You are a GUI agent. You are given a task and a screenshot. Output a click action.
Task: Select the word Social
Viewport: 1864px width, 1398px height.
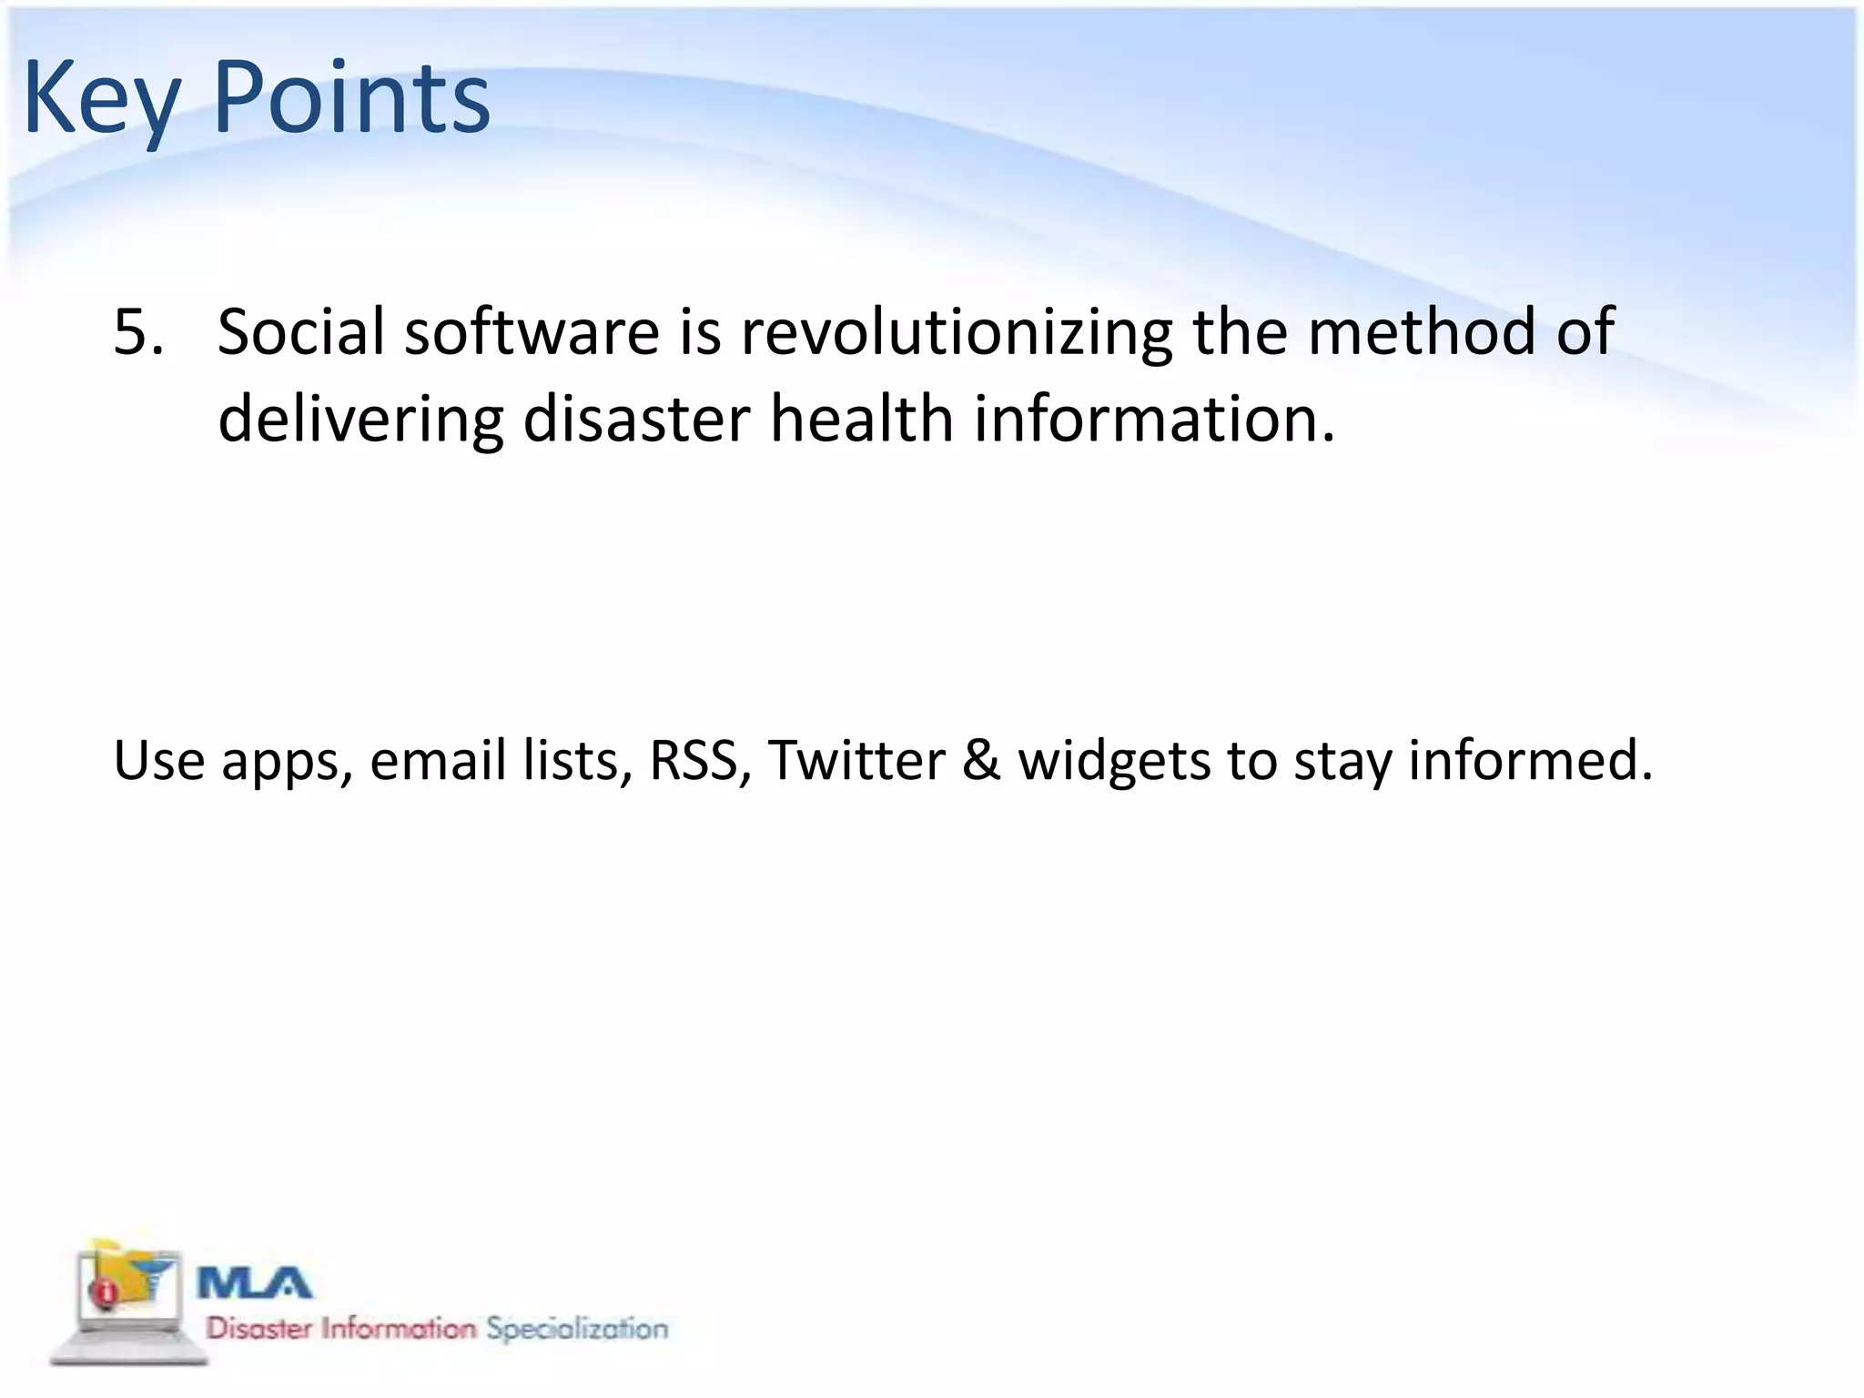coord(301,332)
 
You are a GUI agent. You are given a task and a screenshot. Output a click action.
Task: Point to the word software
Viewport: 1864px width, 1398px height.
coord(532,332)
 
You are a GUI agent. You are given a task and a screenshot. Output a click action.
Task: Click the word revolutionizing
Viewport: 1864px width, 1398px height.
coord(956,332)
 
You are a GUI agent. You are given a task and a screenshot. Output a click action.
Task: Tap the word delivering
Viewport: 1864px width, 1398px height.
coord(360,420)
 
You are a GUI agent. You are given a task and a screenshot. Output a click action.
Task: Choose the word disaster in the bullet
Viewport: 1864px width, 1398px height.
coord(636,420)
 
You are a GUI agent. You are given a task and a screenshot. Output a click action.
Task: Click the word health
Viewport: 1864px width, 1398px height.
coord(861,420)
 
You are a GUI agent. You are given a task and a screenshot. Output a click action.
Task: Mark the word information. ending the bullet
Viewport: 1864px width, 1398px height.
coord(1154,420)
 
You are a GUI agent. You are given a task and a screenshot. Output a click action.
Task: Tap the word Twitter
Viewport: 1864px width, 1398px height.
coord(856,760)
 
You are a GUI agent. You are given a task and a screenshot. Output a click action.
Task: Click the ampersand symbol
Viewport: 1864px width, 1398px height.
coord(981,760)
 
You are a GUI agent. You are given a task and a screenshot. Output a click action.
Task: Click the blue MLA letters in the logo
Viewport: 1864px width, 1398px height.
coord(255,1284)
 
